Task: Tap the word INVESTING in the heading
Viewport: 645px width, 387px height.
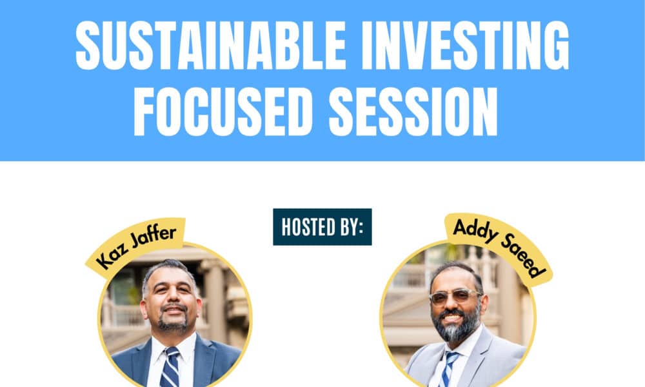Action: (x=465, y=45)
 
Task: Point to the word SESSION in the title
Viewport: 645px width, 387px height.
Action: (x=413, y=111)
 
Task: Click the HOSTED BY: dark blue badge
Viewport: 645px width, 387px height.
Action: (x=322, y=226)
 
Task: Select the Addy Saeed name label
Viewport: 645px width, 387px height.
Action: (x=499, y=249)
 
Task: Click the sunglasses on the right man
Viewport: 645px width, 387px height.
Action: (x=455, y=297)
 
